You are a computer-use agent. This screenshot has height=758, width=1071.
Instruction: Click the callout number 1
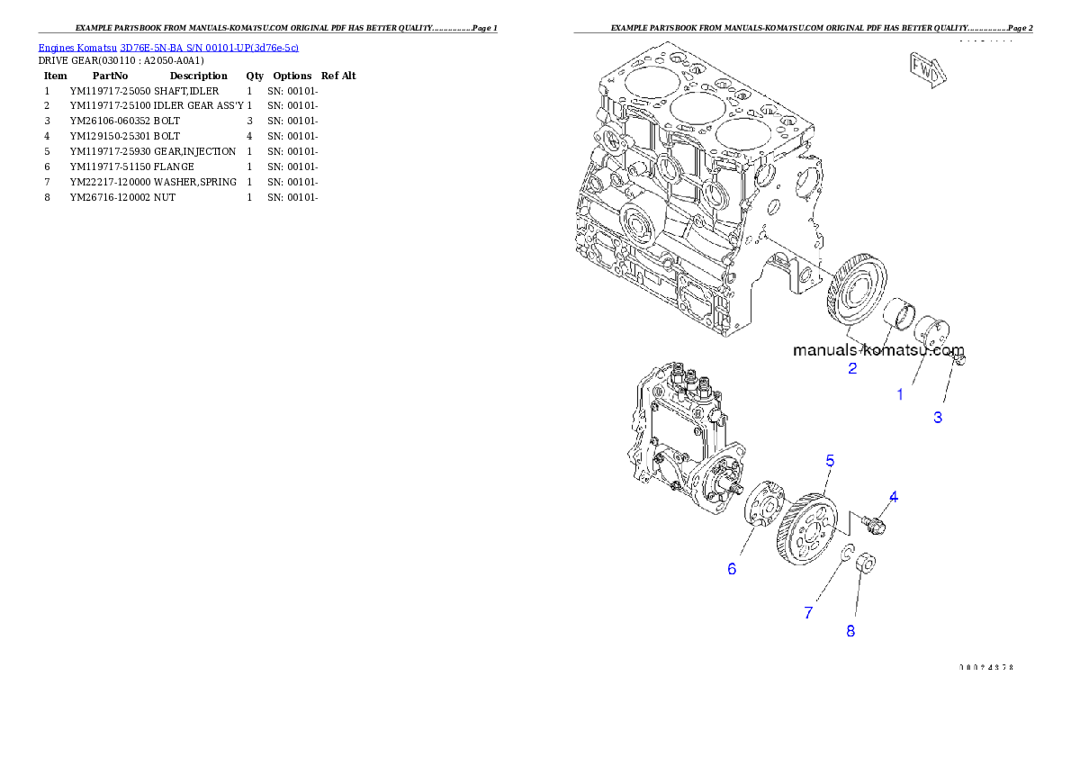(x=899, y=394)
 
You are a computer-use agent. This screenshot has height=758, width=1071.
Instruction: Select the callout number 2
(x=851, y=368)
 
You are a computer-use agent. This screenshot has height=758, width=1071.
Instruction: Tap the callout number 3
(x=938, y=418)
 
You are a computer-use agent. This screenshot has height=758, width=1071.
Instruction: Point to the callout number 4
(x=894, y=496)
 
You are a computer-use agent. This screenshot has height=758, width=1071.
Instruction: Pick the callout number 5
(x=830, y=461)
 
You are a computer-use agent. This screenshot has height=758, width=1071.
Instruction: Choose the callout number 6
(x=732, y=569)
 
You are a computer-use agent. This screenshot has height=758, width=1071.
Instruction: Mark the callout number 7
(x=809, y=613)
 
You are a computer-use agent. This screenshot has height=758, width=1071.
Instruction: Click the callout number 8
(x=850, y=631)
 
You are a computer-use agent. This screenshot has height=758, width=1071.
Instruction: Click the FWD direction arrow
(x=925, y=68)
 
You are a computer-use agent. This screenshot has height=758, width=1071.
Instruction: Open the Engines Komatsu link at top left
(x=168, y=47)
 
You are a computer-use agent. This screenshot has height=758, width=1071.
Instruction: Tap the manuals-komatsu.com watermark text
(x=878, y=350)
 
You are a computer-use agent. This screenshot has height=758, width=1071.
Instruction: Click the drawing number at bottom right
(x=986, y=667)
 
